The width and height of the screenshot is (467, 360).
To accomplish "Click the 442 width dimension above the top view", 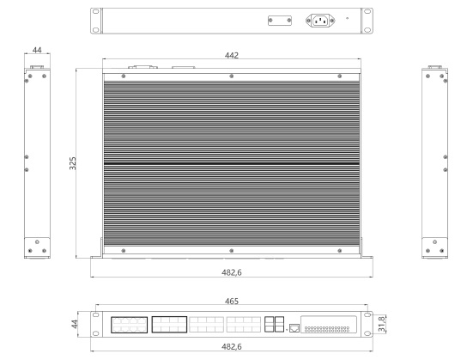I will pyautogui.click(x=232, y=55).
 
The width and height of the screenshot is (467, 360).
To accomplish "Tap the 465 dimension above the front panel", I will pyautogui.click(x=232, y=302).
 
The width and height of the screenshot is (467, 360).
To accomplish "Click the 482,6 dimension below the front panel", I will pyautogui.click(x=232, y=346).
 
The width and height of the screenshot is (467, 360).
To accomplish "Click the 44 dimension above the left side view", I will pyautogui.click(x=36, y=51).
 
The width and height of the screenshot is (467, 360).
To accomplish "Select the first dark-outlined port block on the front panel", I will pyautogui.click(x=129, y=324).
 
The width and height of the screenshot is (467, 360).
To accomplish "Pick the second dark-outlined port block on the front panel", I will pyautogui.click(x=168, y=324).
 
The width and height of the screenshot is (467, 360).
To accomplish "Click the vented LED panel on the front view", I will pyautogui.click(x=327, y=324).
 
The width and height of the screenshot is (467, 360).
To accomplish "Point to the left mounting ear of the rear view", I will pyautogui.click(x=95, y=21).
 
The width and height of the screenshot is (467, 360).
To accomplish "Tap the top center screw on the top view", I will pyautogui.click(x=232, y=77).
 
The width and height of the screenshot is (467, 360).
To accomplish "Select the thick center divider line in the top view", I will pyautogui.click(x=232, y=163).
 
